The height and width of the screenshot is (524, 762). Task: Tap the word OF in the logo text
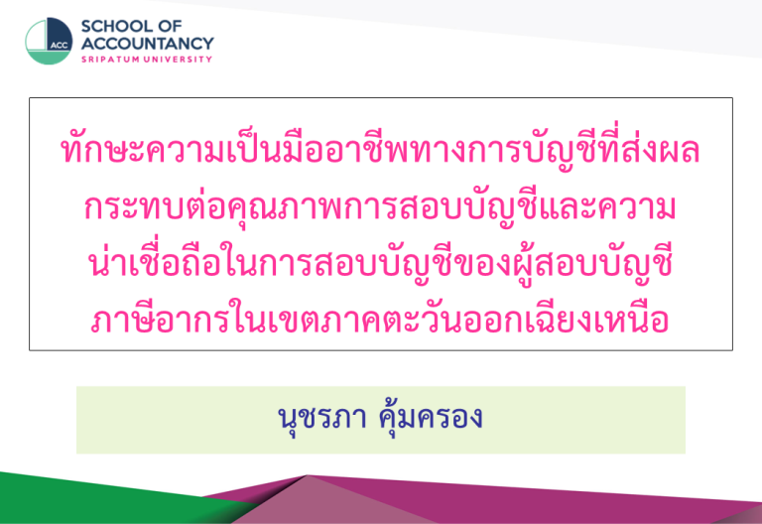click(171, 26)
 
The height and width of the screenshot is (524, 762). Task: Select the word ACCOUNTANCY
click(147, 44)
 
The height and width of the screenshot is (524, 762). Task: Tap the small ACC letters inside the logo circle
click(60, 46)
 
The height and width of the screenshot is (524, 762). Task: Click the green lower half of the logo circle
click(48, 58)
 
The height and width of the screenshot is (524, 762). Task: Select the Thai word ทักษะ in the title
click(102, 150)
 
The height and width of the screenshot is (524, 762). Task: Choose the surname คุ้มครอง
click(431, 417)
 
